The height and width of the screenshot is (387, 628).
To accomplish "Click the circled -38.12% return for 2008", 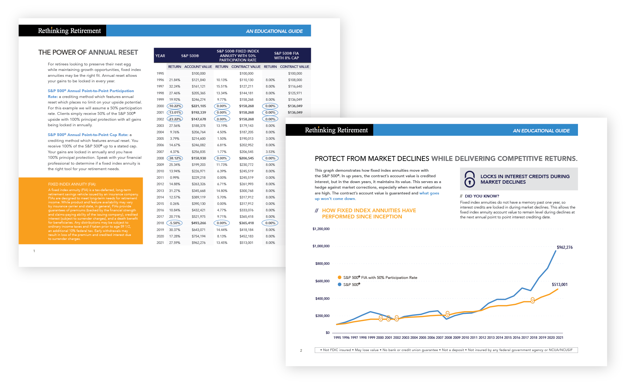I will [x=175, y=158].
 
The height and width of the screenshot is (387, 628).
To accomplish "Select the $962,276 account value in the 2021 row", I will [x=199, y=243].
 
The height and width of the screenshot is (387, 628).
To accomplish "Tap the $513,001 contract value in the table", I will [x=246, y=243].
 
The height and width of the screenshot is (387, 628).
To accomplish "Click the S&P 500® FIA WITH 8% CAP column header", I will [x=286, y=56].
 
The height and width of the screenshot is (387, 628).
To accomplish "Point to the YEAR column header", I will [x=160, y=56].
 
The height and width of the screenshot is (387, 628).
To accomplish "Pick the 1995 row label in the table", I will [x=160, y=73].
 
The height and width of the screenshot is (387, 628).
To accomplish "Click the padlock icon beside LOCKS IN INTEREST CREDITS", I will [x=470, y=179].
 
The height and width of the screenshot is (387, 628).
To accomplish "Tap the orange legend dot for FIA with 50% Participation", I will [x=339, y=277].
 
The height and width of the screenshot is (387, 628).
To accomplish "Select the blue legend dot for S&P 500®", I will [x=339, y=284].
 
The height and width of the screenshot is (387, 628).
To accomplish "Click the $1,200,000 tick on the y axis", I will [x=321, y=229].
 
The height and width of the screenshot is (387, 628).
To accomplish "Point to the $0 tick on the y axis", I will [x=328, y=333].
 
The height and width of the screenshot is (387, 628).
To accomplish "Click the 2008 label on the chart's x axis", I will [x=448, y=338].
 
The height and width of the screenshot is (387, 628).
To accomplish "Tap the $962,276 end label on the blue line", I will [x=564, y=247].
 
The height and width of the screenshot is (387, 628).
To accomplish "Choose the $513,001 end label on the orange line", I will [x=560, y=284].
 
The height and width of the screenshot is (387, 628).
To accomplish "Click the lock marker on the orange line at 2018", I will [x=533, y=300].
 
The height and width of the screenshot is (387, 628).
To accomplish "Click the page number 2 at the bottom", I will [x=301, y=350].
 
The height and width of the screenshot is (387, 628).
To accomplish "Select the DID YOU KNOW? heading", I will [x=482, y=196].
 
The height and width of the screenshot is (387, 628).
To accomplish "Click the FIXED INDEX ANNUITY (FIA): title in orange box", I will [x=72, y=184].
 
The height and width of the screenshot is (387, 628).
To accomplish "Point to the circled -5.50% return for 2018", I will [x=175, y=223].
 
